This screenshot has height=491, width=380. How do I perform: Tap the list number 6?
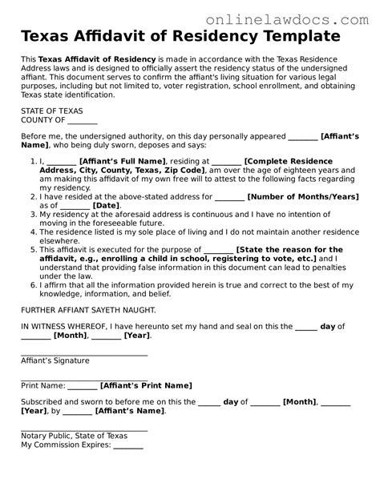tap(32, 284)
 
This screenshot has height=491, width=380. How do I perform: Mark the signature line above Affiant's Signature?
tap(84, 353)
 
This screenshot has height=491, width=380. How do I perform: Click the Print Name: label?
tap(42, 385)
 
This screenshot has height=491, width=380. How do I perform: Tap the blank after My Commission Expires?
tap(127, 446)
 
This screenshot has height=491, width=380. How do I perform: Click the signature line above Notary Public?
tap(84, 429)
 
